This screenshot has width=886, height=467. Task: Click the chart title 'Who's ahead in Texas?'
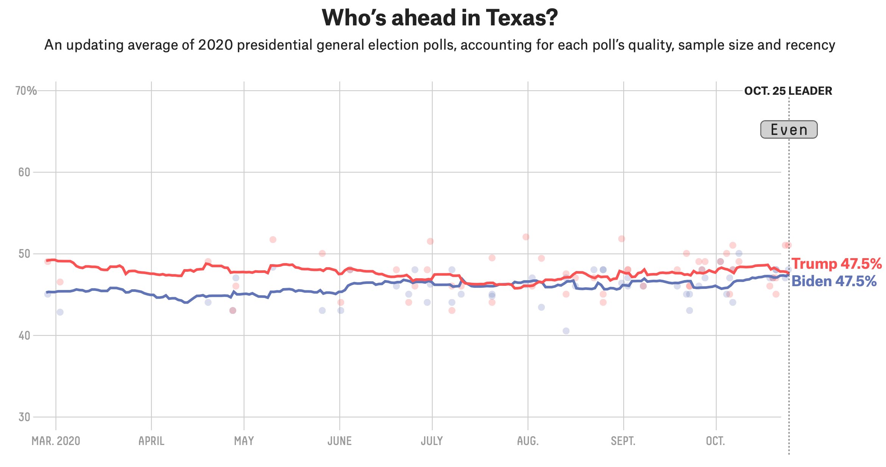pyautogui.click(x=440, y=18)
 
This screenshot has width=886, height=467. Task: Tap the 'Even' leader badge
pyautogui.click(x=789, y=130)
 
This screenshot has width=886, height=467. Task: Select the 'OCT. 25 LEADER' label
pyautogui.click(x=788, y=91)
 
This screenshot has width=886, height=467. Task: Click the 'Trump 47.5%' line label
pyautogui.click(x=836, y=263)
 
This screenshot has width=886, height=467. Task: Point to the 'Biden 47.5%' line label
pyautogui.click(x=834, y=281)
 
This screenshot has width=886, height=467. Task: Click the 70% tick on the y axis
pyautogui.click(x=26, y=91)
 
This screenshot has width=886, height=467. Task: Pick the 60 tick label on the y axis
pyautogui.click(x=24, y=172)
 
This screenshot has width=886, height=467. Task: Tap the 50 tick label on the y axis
pyautogui.click(x=24, y=254)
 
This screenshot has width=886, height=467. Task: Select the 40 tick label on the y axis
pyautogui.click(x=24, y=335)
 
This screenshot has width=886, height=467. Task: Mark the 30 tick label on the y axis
pyautogui.click(x=24, y=417)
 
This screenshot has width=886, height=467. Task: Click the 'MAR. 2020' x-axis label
pyautogui.click(x=56, y=441)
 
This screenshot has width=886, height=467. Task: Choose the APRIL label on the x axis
pyautogui.click(x=151, y=441)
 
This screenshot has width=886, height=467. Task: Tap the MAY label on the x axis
pyautogui.click(x=244, y=441)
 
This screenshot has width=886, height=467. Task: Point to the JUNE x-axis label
pyautogui.click(x=340, y=441)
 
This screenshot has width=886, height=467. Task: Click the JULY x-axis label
pyautogui.click(x=432, y=441)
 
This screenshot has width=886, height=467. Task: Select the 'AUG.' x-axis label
pyautogui.click(x=528, y=441)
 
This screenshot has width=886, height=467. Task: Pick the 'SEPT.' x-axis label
pyautogui.click(x=623, y=441)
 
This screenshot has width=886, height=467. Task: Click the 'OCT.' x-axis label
pyautogui.click(x=716, y=441)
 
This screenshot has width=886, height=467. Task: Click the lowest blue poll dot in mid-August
pyautogui.click(x=566, y=331)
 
